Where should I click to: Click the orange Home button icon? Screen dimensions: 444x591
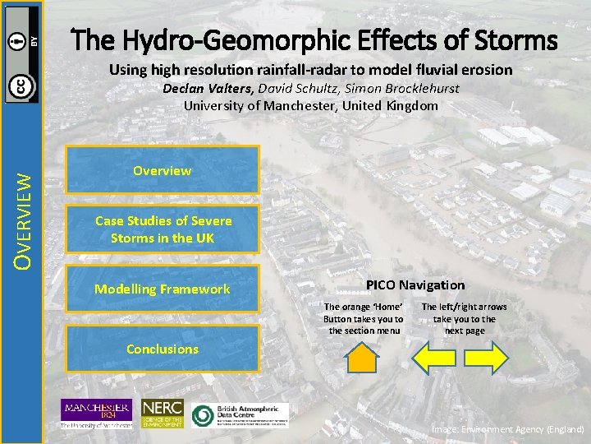[x=363, y=358]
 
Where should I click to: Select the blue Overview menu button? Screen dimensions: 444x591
[x=163, y=171]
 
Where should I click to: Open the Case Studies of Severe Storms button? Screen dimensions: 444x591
[x=163, y=229]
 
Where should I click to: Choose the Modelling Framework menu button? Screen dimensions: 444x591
[x=163, y=289]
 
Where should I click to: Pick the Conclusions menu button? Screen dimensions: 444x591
[x=163, y=349]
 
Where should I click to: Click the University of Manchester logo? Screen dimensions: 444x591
[x=95, y=414]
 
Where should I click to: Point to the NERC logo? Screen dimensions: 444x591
[x=162, y=414]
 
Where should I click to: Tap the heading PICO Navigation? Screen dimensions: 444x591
[x=415, y=284]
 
